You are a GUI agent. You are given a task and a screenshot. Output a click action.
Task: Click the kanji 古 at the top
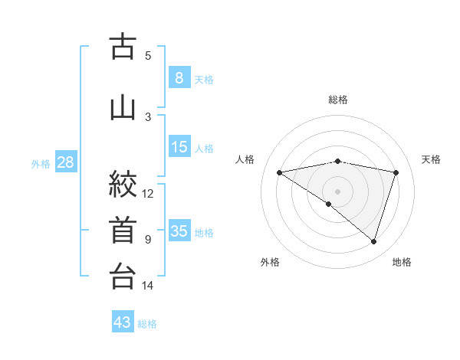(123, 48)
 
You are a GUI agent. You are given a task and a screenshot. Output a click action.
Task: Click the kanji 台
(123, 277)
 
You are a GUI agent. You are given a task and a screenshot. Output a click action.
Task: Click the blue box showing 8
(179, 78)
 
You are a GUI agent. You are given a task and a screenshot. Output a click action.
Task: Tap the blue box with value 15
(179, 147)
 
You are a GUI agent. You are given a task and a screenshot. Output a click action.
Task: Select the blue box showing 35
(179, 231)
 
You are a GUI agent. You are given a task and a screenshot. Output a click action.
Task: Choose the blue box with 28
(64, 162)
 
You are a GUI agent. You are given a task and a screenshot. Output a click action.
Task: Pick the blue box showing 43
(123, 322)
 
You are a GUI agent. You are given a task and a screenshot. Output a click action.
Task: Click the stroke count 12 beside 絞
(148, 193)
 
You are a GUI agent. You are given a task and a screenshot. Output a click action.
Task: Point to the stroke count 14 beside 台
(148, 286)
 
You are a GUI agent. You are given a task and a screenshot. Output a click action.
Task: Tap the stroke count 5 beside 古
(148, 55)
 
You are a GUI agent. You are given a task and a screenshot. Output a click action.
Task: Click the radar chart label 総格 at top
(337, 100)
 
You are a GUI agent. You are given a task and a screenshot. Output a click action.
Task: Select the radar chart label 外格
(270, 262)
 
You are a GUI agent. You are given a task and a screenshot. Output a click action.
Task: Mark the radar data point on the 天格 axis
(396, 172)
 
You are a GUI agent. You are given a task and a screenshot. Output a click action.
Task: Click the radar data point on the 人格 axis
(279, 172)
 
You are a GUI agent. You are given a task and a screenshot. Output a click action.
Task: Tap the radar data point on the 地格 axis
(373, 241)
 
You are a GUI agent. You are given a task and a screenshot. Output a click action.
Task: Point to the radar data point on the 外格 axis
(329, 204)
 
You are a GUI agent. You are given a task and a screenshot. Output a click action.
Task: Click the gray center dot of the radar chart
(337, 190)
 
